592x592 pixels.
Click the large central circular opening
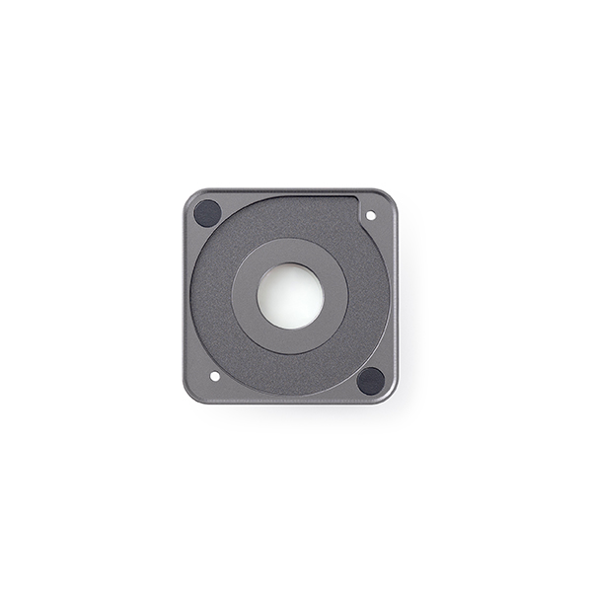click(x=289, y=296)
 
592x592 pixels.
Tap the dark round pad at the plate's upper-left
click(x=207, y=212)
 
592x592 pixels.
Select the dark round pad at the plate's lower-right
click(x=371, y=380)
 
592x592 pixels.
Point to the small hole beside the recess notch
click(x=371, y=214)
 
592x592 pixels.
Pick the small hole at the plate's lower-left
click(x=215, y=376)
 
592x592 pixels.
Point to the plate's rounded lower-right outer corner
click(x=391, y=397)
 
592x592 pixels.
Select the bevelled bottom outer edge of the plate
click(x=290, y=402)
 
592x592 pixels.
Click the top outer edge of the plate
click(x=290, y=190)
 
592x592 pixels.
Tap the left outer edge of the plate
click(x=185, y=296)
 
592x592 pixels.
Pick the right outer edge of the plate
click(x=396, y=296)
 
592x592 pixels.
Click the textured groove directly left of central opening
click(x=210, y=296)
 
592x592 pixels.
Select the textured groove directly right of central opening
click(x=368, y=296)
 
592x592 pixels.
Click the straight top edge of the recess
click(x=296, y=196)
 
